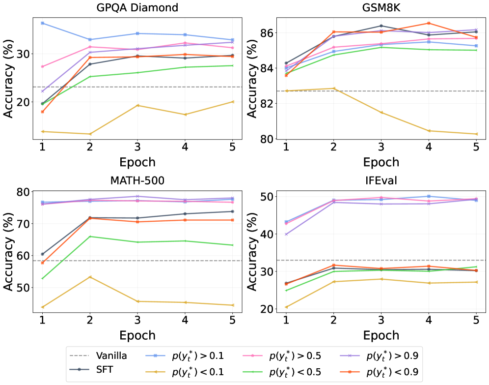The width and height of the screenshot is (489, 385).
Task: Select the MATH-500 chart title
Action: [x=137, y=181]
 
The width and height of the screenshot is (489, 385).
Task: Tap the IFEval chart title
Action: [x=381, y=181]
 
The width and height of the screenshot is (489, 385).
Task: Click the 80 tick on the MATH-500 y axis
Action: [x=23, y=191]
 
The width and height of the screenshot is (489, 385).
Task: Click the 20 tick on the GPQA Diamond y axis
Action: [x=23, y=102]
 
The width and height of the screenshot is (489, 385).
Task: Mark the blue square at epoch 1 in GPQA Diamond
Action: [x=43, y=23]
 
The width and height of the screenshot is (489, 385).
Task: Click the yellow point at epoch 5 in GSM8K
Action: [x=476, y=134]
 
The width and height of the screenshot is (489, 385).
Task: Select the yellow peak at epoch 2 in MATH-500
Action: [x=90, y=277]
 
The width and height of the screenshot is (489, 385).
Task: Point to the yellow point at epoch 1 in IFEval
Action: [x=286, y=307]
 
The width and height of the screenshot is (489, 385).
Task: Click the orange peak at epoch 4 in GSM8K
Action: [x=429, y=23]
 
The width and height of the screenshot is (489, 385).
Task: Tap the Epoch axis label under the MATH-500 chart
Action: [x=137, y=335]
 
